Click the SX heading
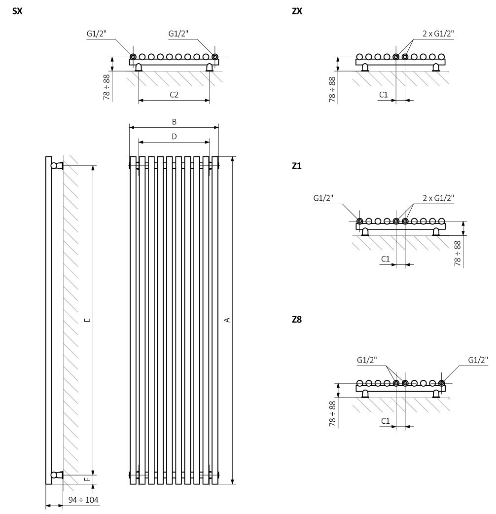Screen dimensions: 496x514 (17, 11)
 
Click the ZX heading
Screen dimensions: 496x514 (297, 11)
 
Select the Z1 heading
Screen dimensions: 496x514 (296, 166)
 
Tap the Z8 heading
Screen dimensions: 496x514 (297, 319)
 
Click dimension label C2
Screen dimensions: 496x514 (174, 95)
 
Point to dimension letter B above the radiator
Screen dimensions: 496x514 (174, 122)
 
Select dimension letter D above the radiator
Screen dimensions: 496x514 (174, 136)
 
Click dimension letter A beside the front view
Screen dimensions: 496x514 (227, 320)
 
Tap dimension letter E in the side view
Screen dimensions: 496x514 (87, 320)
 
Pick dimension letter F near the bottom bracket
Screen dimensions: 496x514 (87, 479)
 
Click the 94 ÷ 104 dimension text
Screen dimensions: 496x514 (83, 500)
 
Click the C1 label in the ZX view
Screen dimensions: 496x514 (383, 95)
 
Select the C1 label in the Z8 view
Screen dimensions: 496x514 (386, 421)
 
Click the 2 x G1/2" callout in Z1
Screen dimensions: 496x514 (438, 198)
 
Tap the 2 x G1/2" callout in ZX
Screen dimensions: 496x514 (438, 34)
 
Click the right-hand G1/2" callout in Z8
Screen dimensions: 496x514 (478, 360)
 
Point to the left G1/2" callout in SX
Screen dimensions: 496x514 (97, 34)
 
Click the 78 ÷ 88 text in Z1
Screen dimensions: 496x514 (458, 254)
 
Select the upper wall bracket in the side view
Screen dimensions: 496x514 (57, 166)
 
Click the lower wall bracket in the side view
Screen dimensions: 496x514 (57, 475)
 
